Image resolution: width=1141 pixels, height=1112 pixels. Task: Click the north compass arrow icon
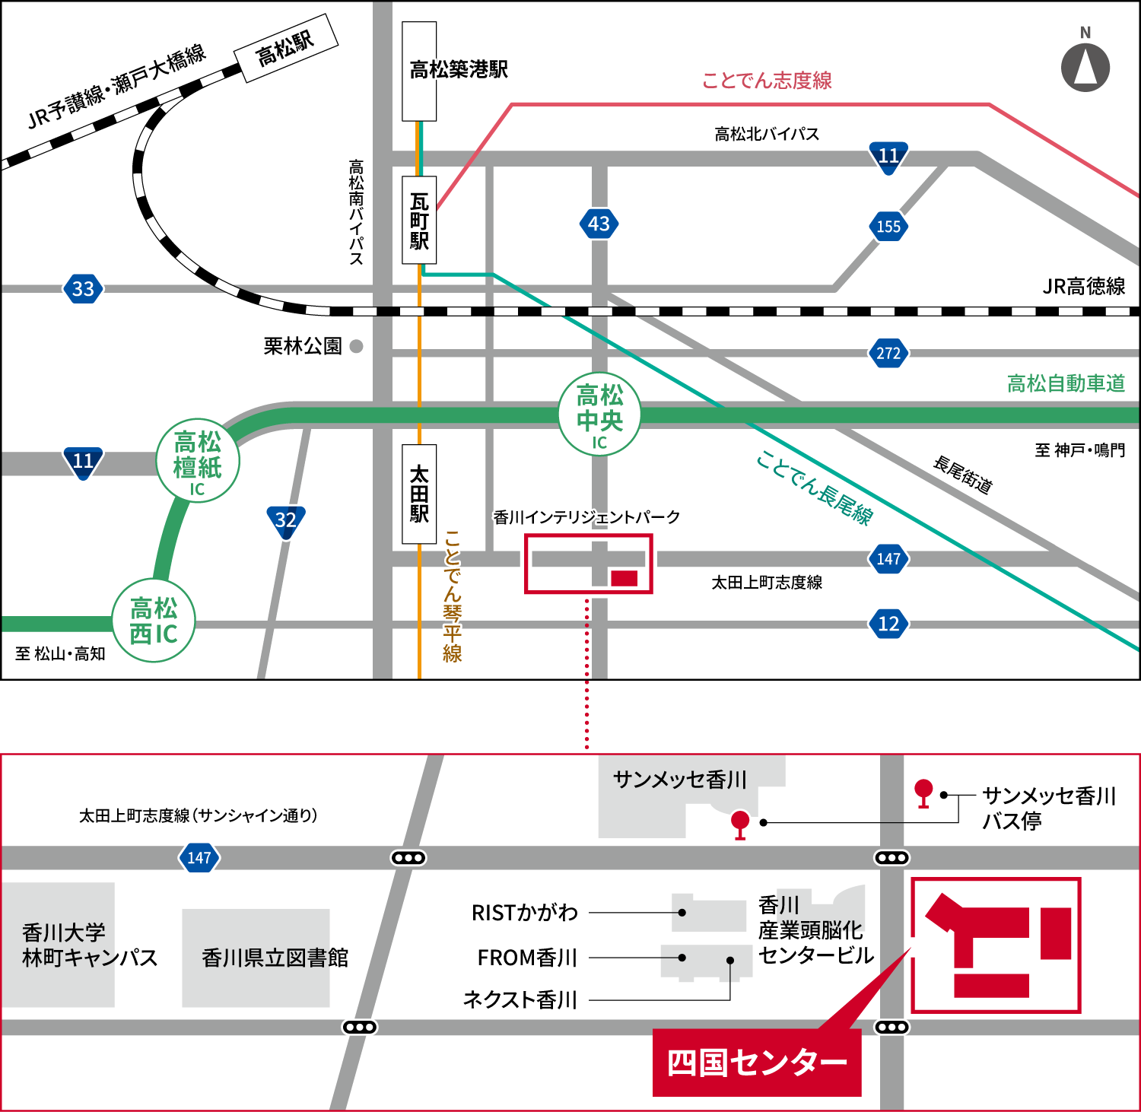(x=1085, y=67)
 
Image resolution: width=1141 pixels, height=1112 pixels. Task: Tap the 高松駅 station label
(x=286, y=47)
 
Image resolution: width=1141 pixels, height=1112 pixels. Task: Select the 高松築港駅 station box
(x=419, y=71)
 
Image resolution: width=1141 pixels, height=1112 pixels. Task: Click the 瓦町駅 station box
(x=419, y=221)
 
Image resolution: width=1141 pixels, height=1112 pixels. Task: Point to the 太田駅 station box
(x=419, y=494)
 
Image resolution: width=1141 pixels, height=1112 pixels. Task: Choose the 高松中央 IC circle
(x=599, y=416)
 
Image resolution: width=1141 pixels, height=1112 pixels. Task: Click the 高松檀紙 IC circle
(x=198, y=461)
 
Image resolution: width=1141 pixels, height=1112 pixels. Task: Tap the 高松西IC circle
(x=154, y=621)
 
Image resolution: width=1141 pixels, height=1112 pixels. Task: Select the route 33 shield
(x=83, y=289)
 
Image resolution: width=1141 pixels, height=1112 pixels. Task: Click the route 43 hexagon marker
(x=599, y=224)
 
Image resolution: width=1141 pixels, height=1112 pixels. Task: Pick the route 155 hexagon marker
(x=888, y=226)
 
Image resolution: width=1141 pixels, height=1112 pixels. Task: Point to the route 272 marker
(x=888, y=353)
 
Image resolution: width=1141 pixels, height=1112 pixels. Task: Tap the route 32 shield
(x=286, y=521)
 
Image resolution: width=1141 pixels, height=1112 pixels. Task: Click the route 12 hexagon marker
(x=888, y=624)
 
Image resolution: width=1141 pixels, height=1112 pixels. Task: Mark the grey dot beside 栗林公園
(x=356, y=347)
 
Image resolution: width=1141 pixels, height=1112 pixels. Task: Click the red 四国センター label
(x=757, y=1063)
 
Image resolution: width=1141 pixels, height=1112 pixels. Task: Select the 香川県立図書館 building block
(x=256, y=958)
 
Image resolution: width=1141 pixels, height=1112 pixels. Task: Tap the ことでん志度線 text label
(x=767, y=81)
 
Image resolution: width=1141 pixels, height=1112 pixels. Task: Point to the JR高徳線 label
(x=1083, y=287)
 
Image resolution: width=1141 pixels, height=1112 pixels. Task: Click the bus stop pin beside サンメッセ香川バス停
(x=923, y=792)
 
